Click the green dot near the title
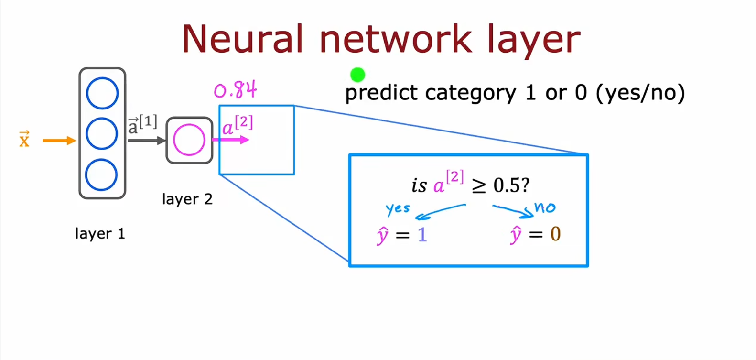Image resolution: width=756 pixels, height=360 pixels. pyautogui.click(x=357, y=75)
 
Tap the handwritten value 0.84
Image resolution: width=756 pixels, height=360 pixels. pyautogui.click(x=235, y=90)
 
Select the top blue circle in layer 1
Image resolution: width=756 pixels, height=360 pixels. pyautogui.click(x=102, y=93)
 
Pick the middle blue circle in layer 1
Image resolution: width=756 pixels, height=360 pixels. pyautogui.click(x=102, y=133)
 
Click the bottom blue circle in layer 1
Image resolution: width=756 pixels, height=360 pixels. pyautogui.click(x=101, y=175)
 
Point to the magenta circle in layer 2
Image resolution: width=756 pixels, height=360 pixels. pyautogui.click(x=189, y=140)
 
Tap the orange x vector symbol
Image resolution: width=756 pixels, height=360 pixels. pyautogui.click(x=24, y=139)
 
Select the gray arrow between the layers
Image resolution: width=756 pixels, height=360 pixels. pyautogui.click(x=146, y=141)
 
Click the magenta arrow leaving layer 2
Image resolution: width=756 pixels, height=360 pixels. pyautogui.click(x=231, y=140)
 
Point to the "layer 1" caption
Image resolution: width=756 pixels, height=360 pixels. pyautogui.click(x=100, y=234)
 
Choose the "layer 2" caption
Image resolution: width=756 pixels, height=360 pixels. pyautogui.click(x=187, y=199)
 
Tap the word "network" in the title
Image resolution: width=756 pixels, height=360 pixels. pyautogui.click(x=396, y=39)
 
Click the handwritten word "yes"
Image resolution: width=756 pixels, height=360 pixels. pyautogui.click(x=398, y=208)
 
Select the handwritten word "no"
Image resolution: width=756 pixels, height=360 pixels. pyautogui.click(x=545, y=207)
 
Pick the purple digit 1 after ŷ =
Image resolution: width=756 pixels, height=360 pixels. pyautogui.click(x=422, y=235)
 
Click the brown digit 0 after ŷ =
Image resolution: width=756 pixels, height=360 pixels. pyautogui.click(x=555, y=234)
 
